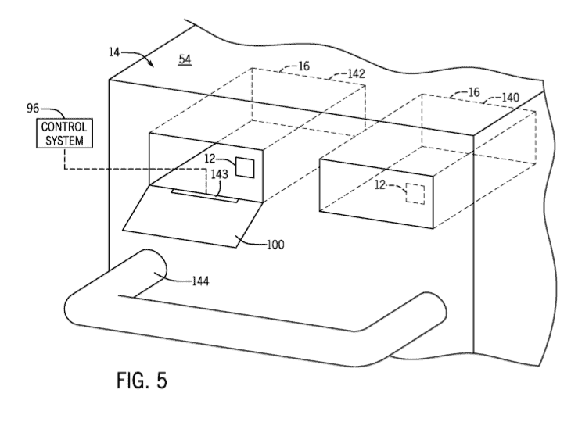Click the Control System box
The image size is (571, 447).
64,133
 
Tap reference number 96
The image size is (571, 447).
33,108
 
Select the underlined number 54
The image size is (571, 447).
185,59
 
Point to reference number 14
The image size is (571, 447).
114,52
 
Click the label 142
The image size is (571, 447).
356,73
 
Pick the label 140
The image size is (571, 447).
511,98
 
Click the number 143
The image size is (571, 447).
219,174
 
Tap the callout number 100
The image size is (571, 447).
275,245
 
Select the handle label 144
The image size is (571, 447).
200,281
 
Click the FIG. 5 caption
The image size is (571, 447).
142,380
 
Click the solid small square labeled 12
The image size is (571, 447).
245,167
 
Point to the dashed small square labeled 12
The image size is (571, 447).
415,194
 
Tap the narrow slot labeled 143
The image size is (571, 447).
205,195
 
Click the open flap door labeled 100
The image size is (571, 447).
192,216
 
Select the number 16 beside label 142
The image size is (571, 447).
303,66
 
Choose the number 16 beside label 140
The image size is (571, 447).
474,92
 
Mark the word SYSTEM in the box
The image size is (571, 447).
64,140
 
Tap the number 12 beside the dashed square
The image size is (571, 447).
380,185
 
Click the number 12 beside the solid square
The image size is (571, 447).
210,159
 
